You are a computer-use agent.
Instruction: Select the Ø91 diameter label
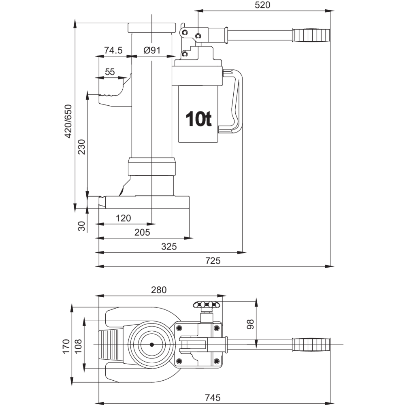152,50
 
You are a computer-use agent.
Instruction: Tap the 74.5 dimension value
113,50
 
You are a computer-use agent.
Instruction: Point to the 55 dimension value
110,72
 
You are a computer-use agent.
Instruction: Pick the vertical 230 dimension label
81,148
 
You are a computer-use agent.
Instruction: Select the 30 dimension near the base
82,226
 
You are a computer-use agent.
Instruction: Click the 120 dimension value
123,218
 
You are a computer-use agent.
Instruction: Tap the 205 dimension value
142,232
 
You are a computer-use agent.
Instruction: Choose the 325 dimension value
169,247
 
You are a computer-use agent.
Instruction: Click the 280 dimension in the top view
159,290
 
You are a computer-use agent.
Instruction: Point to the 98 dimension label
250,324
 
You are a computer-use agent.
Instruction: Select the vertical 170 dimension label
66,347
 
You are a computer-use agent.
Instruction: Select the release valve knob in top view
207,304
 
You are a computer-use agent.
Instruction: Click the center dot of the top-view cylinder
151,345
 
